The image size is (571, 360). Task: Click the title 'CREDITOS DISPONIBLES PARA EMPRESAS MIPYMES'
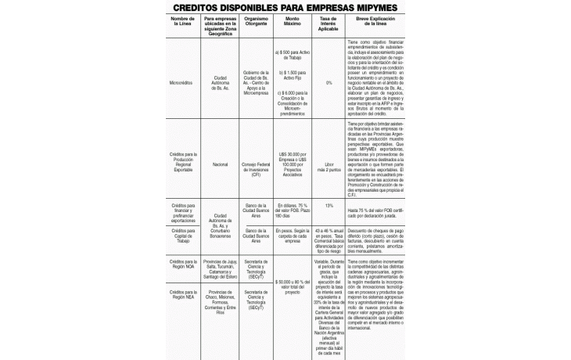pyautogui.click(x=285, y=7)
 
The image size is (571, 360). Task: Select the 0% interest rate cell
pyautogui.click(x=329, y=82)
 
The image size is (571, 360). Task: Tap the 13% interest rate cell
pyautogui.click(x=329, y=206)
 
